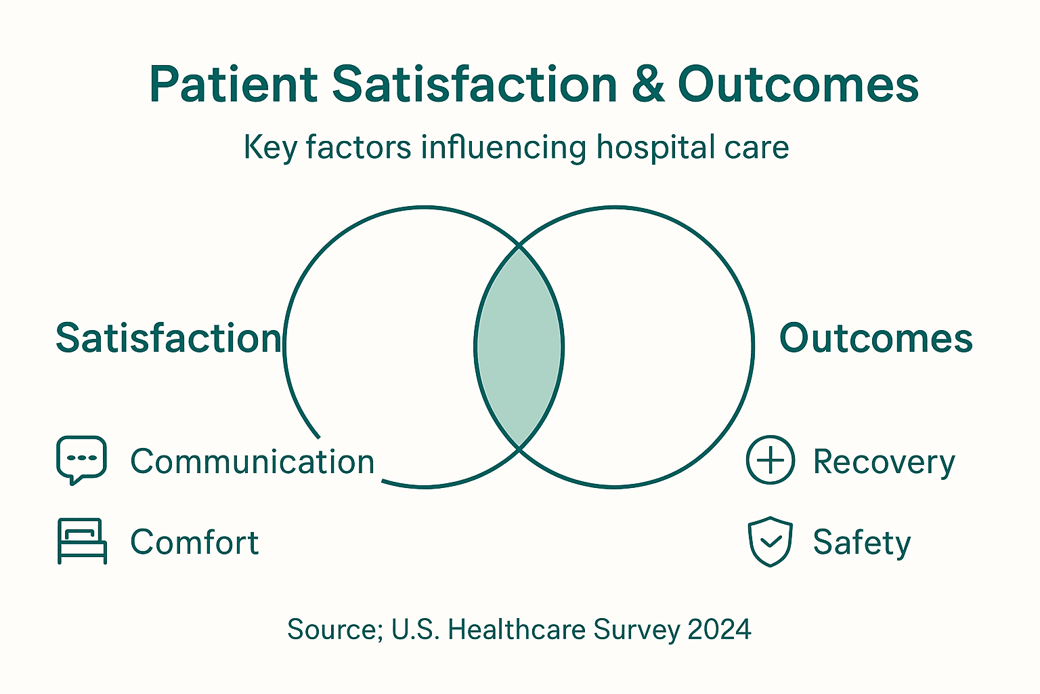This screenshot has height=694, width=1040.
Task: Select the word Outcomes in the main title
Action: pyautogui.click(x=798, y=85)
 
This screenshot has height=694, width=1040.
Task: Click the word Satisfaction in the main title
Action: pyautogui.click(x=474, y=85)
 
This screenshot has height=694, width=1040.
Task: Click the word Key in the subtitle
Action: pyautogui.click(x=270, y=148)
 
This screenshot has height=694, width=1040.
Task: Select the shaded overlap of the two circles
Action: pyautogui.click(x=519, y=347)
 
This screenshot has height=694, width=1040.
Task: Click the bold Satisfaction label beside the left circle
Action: pyautogui.click(x=168, y=338)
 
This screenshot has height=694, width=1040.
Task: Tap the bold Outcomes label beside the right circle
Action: pyautogui.click(x=875, y=338)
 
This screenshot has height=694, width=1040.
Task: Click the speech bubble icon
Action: pyautogui.click(x=81, y=459)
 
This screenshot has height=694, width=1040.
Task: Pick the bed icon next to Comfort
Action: pyautogui.click(x=82, y=541)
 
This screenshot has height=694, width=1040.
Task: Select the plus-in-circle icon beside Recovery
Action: pyautogui.click(x=770, y=460)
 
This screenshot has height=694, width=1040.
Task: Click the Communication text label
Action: pyautogui.click(x=252, y=462)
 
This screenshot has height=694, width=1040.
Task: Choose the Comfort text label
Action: pyautogui.click(x=194, y=542)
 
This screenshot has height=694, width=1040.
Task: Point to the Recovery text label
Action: pyautogui.click(x=884, y=462)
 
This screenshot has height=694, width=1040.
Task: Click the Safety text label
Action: pyautogui.click(x=862, y=543)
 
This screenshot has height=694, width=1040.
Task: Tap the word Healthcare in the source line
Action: pyautogui.click(x=517, y=630)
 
